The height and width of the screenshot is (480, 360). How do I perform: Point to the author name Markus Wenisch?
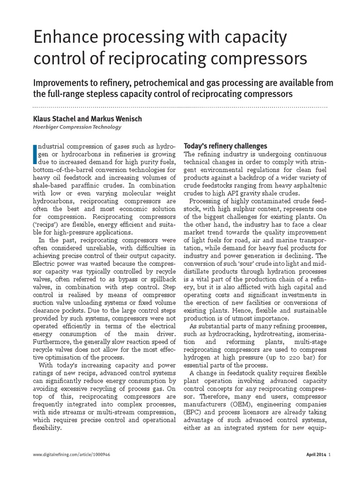click(117, 119)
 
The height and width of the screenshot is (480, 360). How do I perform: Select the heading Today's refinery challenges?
click(225, 146)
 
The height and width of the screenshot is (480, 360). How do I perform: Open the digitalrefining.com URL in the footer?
click(72, 454)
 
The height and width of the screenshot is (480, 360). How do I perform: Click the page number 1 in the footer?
click(330, 454)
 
